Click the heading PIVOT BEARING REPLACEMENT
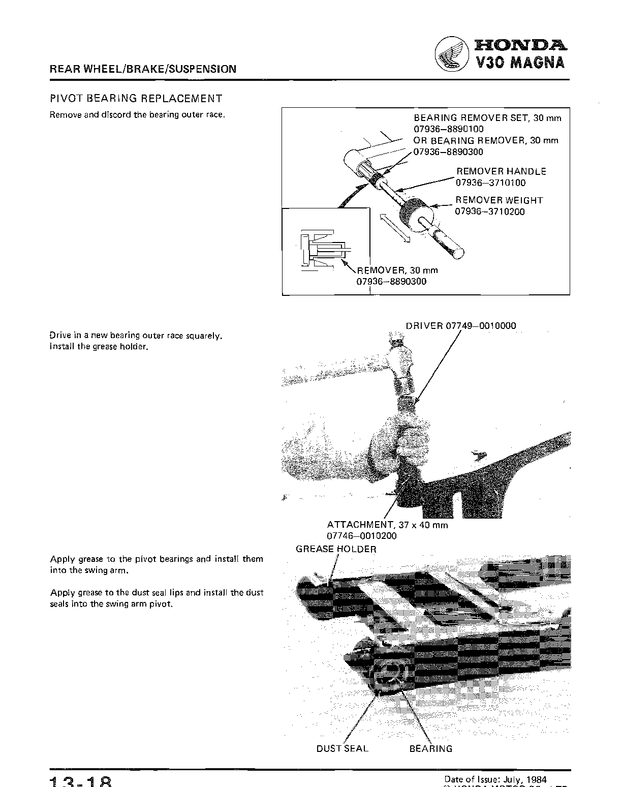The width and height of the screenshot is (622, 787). [136, 99]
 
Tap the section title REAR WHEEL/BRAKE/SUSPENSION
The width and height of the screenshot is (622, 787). [143, 69]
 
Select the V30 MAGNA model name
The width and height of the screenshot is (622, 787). [520, 63]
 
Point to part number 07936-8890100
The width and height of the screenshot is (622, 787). [449, 129]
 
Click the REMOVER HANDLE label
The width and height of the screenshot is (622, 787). [501, 171]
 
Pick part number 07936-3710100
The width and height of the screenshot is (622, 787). [490, 183]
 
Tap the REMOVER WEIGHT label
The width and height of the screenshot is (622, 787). [499, 200]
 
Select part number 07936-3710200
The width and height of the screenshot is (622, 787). [490, 211]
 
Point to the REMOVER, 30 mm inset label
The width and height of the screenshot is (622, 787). [398, 270]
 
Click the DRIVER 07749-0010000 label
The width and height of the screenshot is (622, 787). [461, 326]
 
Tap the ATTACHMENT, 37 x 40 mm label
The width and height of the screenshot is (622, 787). [387, 525]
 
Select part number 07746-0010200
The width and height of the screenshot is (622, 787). [361, 536]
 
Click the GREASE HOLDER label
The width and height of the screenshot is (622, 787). [336, 549]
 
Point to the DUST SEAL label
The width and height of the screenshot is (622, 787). [342, 748]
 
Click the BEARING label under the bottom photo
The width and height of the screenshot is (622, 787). [430, 748]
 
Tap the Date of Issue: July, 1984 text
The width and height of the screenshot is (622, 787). [495, 779]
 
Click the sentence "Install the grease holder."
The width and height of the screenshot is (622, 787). [99, 347]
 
